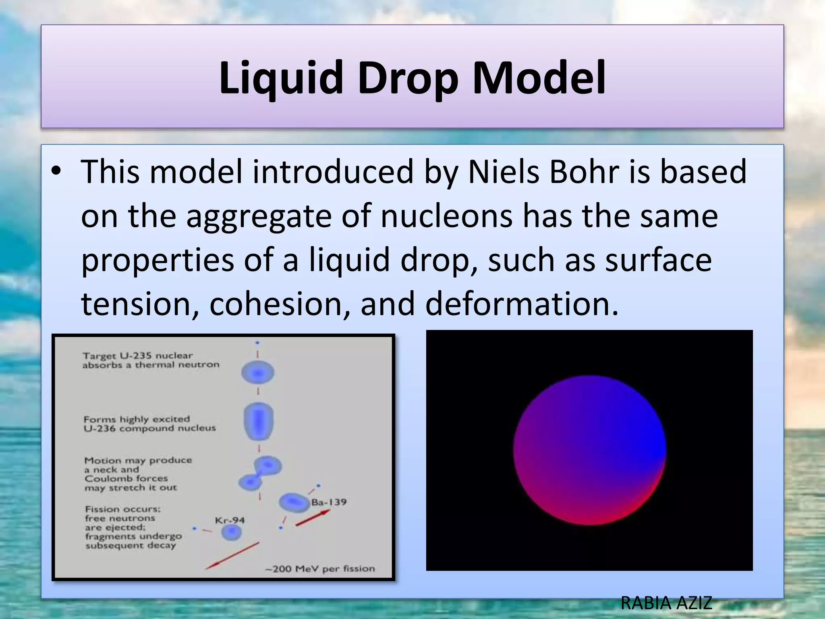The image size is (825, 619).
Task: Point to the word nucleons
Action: pyautogui.click(x=446, y=216)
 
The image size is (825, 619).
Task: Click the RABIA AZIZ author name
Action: pyautogui.click(x=667, y=603)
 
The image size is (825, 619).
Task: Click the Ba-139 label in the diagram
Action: pyautogui.click(x=329, y=502)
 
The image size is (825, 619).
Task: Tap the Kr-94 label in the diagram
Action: pyautogui.click(x=230, y=520)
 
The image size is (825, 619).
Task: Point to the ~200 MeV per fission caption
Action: pyautogui.click(x=320, y=569)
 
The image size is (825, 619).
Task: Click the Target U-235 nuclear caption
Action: pyautogui.click(x=138, y=356)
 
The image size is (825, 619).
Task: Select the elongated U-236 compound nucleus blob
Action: pyautogui.click(x=259, y=421)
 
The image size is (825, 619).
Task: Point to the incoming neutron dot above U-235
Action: pyautogui.click(x=257, y=343)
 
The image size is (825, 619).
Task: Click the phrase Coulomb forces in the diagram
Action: pyautogui.click(x=126, y=479)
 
